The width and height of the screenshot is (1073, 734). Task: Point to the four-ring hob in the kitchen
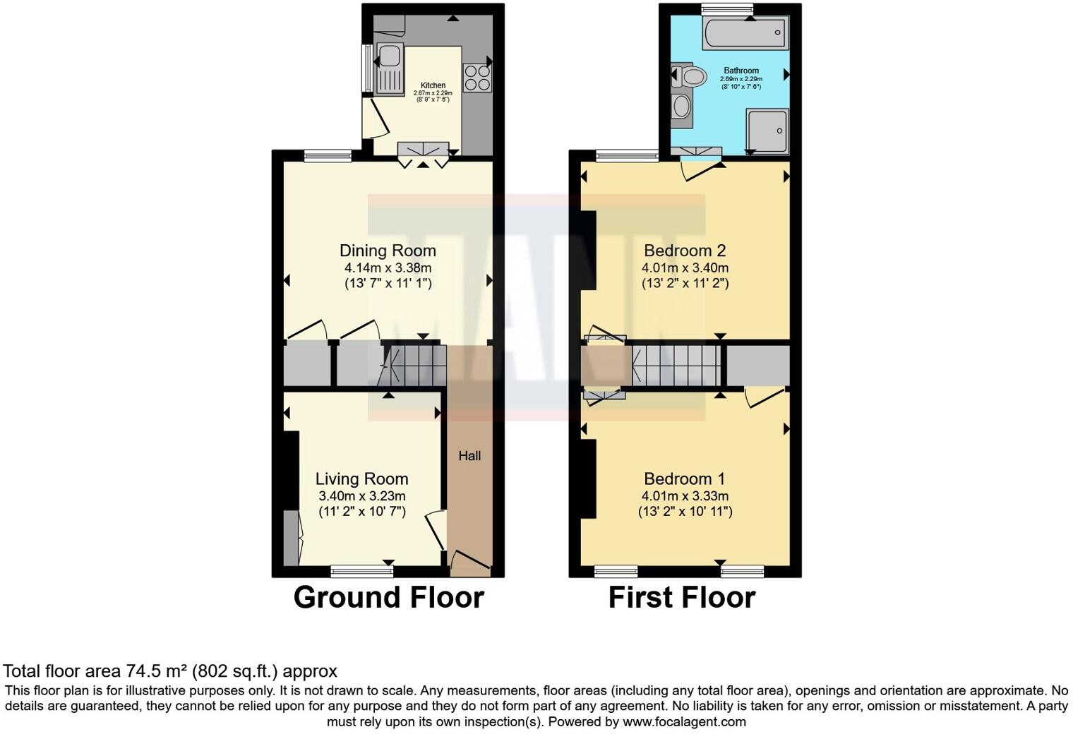(x=476, y=77)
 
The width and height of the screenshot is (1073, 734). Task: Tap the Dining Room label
(x=388, y=251)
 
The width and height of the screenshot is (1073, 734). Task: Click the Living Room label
(x=361, y=479)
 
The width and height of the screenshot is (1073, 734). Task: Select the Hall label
(x=469, y=456)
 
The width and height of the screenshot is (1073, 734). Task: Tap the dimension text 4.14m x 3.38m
(x=388, y=268)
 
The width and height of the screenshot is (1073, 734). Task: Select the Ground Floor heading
(x=388, y=597)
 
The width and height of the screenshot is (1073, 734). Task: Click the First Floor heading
(x=682, y=597)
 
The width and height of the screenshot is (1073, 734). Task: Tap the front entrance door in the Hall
(x=469, y=560)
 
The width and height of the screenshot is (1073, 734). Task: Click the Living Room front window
(x=362, y=567)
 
